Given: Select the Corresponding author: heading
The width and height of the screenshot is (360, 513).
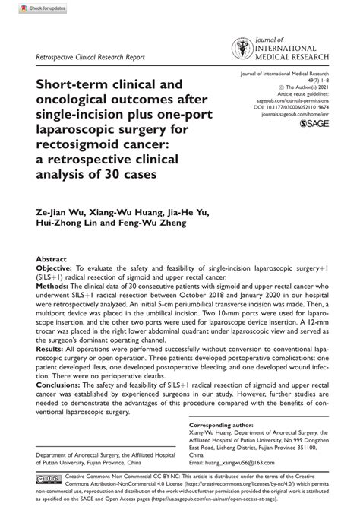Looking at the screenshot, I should pyautogui.click(x=223, y=426).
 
